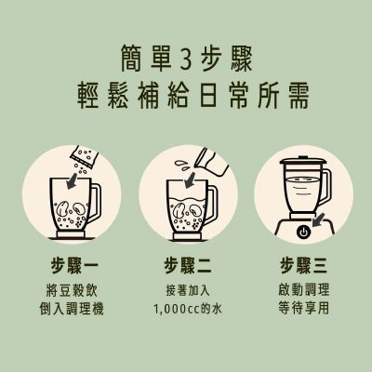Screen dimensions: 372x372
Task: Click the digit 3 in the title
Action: [186, 59]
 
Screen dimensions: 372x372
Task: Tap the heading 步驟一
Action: [74, 266]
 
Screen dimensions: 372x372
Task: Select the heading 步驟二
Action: [188, 266]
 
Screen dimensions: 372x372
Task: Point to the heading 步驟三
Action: [304, 266]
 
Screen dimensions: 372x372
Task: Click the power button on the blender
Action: [303, 232]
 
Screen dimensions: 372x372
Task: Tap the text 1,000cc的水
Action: [188, 309]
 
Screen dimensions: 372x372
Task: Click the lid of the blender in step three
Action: [303, 161]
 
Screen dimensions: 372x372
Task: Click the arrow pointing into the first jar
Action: [73, 180]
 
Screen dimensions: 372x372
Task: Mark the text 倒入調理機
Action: [72, 309]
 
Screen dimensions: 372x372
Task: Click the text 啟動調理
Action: [304, 289]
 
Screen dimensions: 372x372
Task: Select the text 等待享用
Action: [304, 308]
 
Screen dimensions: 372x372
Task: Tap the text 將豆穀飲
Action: [72, 290]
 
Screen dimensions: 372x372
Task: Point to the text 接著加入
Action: [188, 290]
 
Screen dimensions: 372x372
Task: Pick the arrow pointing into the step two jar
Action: [191, 180]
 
